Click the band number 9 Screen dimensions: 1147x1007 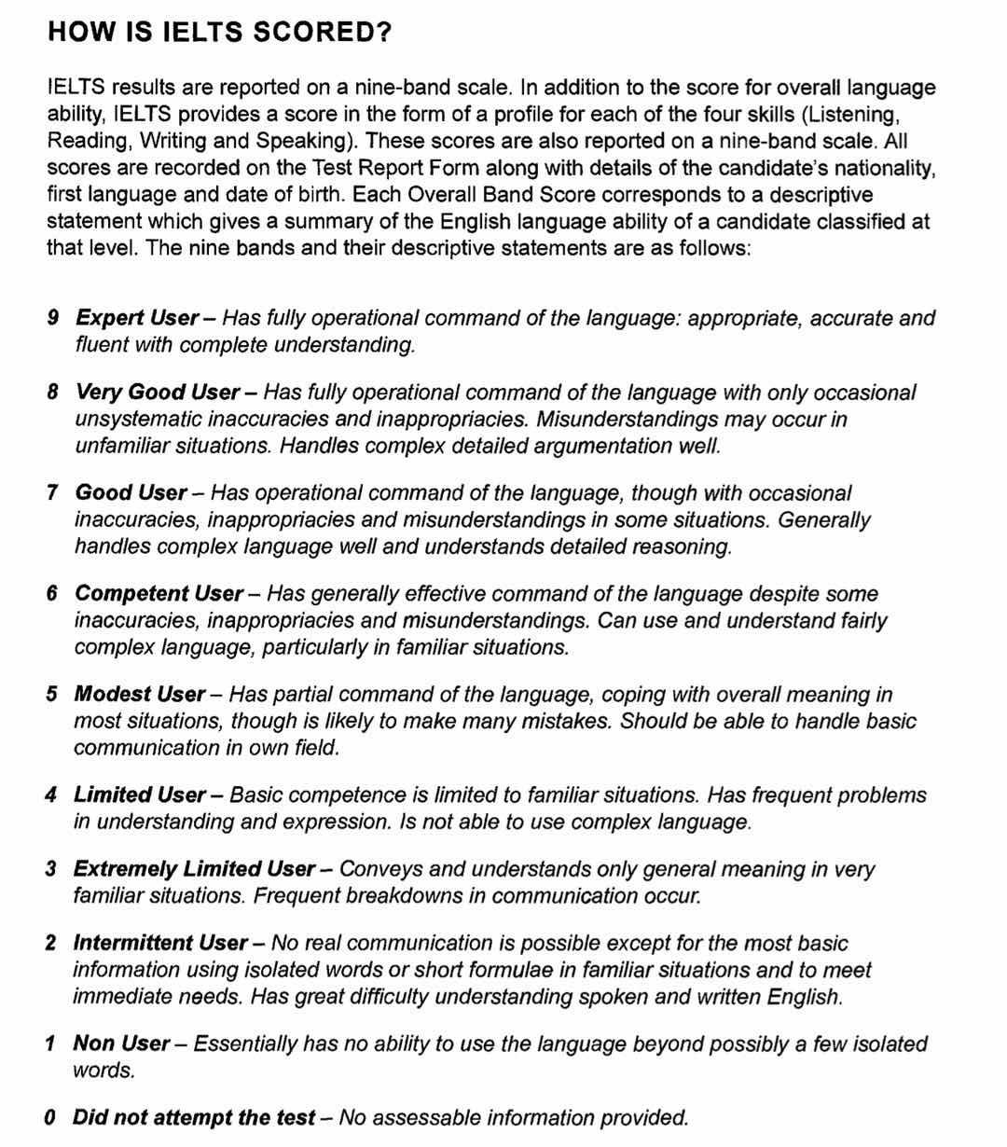[53, 318]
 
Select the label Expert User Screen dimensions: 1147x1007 [137, 318]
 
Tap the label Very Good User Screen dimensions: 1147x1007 [158, 392]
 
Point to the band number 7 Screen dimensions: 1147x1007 [53, 492]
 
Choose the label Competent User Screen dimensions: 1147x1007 [159, 593]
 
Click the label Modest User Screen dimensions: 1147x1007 [139, 694]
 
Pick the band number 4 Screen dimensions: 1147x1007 [51, 795]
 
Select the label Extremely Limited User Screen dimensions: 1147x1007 [194, 868]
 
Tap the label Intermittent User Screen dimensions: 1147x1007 [159, 942]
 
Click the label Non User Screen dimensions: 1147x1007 [121, 1043]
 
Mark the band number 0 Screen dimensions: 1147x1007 [50, 1116]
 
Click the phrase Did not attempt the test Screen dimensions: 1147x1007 [193, 1116]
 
